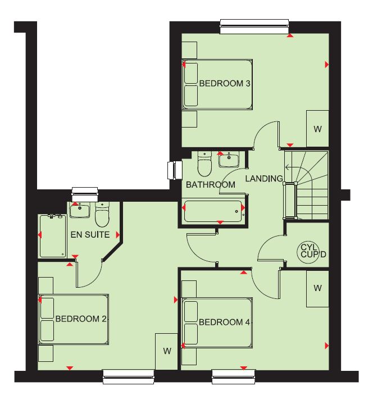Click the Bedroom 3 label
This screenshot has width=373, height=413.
pos(225,84)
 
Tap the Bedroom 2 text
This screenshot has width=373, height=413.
pos(81,319)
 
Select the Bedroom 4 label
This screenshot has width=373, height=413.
pos(224,322)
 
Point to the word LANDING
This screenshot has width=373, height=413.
pos(264,179)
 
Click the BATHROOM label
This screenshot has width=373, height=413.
pos(211,185)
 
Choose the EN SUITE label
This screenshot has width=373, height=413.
pos(90,235)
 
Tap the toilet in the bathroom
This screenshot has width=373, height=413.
pos(204,164)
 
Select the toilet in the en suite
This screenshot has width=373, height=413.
pos(102,215)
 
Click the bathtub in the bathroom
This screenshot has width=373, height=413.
pos(213,211)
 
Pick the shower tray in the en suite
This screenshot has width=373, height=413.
pos(53,236)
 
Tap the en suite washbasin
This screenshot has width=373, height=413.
pos(80,210)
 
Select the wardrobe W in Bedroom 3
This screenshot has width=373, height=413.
pos(317,129)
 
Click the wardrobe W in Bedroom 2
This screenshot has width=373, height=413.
pos(167,352)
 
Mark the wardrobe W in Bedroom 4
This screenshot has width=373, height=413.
pos(317,289)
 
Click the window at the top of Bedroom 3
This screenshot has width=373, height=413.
pos(254,26)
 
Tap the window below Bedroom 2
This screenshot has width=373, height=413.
pos(128,377)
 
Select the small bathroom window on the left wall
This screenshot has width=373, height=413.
pos(175,170)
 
